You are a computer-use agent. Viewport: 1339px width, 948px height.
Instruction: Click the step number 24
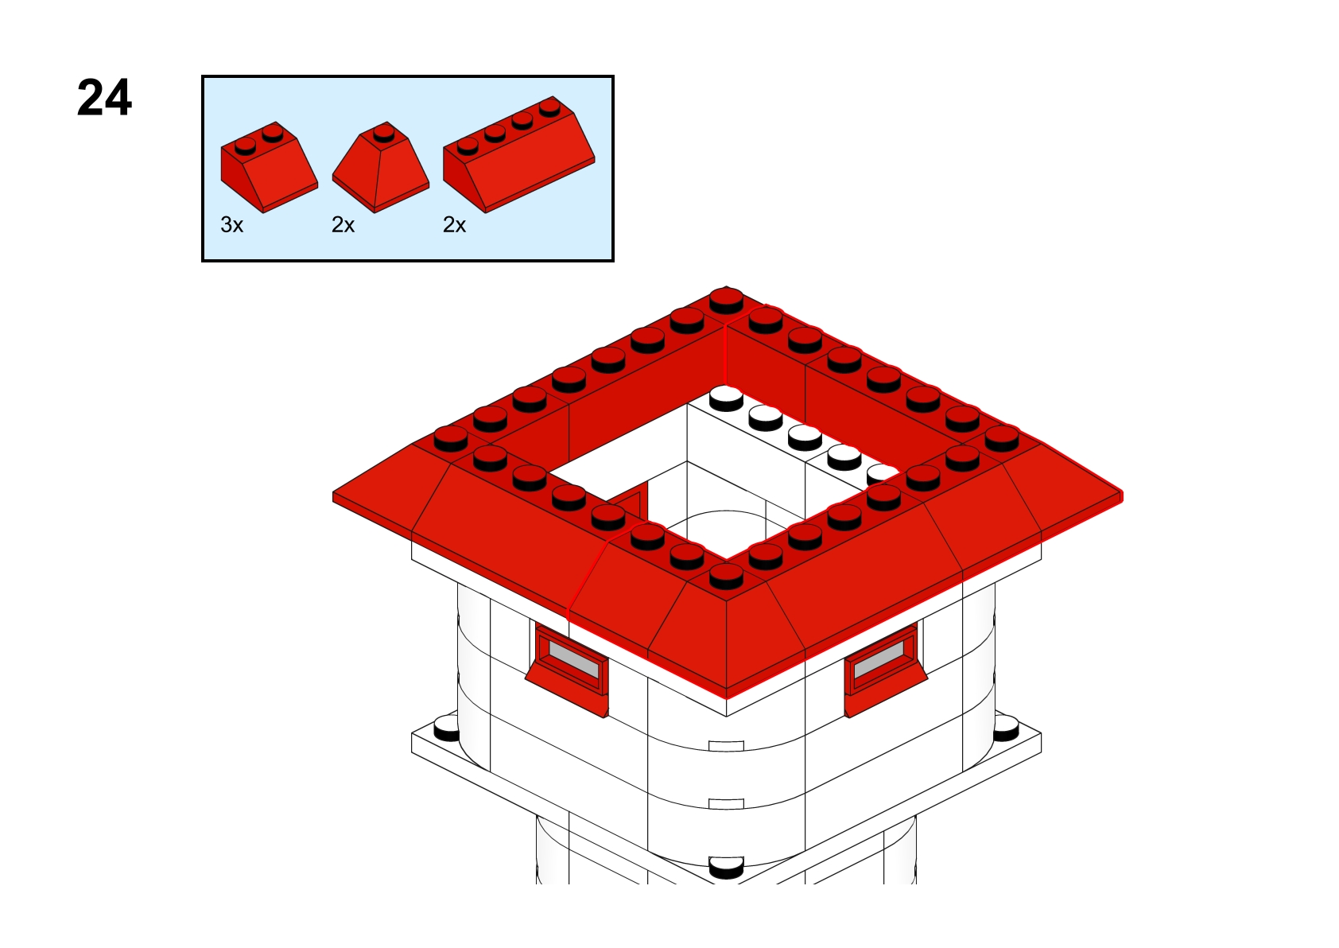point(104,98)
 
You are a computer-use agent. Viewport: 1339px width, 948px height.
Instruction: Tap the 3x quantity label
point(232,225)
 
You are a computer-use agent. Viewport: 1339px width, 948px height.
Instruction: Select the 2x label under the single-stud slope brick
point(343,225)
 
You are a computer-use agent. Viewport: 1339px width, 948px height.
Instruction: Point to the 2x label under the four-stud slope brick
point(454,225)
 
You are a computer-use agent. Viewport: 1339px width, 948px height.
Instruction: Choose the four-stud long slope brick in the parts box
point(519,154)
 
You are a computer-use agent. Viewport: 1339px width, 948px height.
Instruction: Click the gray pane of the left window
point(574,659)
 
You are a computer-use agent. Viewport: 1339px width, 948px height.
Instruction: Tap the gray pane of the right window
point(879,659)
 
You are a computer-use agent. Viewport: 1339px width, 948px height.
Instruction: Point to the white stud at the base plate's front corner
point(726,868)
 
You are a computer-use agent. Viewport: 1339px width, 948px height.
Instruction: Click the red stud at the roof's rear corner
point(726,300)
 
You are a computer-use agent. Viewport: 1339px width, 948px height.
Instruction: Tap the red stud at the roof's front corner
point(726,576)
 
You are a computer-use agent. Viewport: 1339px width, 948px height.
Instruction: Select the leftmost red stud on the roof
point(451,438)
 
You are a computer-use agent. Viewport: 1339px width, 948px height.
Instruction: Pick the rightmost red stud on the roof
point(1002,438)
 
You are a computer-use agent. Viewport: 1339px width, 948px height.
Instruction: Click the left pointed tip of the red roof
point(333,496)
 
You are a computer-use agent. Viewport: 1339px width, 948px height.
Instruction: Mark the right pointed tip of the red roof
point(1122,496)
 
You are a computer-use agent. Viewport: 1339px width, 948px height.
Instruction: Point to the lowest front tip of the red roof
point(726,698)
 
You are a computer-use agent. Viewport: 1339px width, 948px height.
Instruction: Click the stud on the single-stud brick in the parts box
point(384,134)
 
